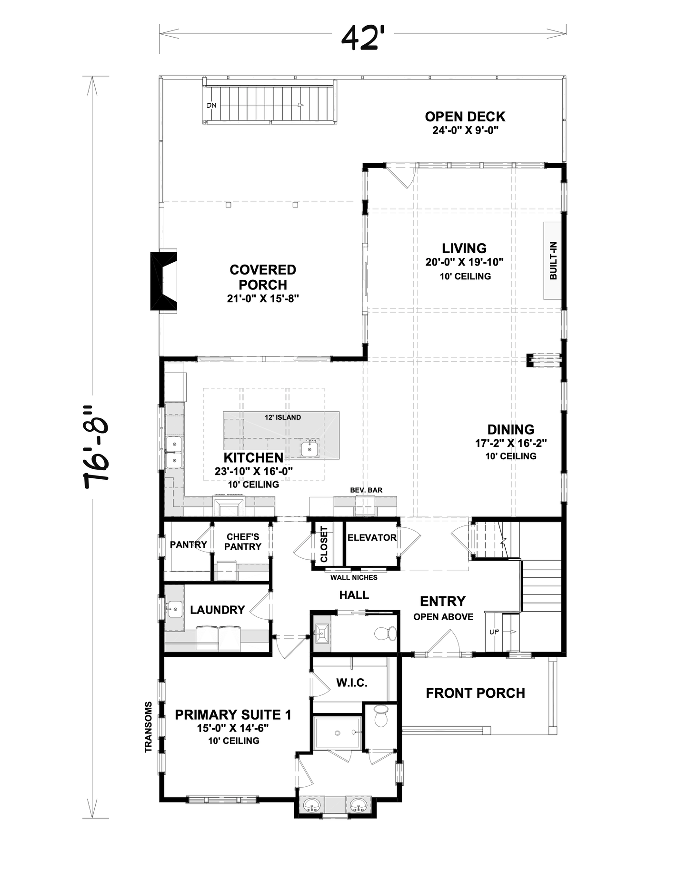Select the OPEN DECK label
coord(465,117)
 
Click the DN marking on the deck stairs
coord(211,105)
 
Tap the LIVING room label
coord(464,248)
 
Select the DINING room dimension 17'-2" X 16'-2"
coord(511,443)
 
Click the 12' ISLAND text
coord(283,417)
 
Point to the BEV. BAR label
coord(366,490)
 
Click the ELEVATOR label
coord(372,537)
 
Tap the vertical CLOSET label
coord(324,544)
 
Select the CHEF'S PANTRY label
coord(243,542)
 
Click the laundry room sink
coord(175,609)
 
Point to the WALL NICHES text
coord(354,577)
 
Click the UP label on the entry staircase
coord(494,632)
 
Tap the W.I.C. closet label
coord(352,683)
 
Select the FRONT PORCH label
coord(475,693)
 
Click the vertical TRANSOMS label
coord(149,727)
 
